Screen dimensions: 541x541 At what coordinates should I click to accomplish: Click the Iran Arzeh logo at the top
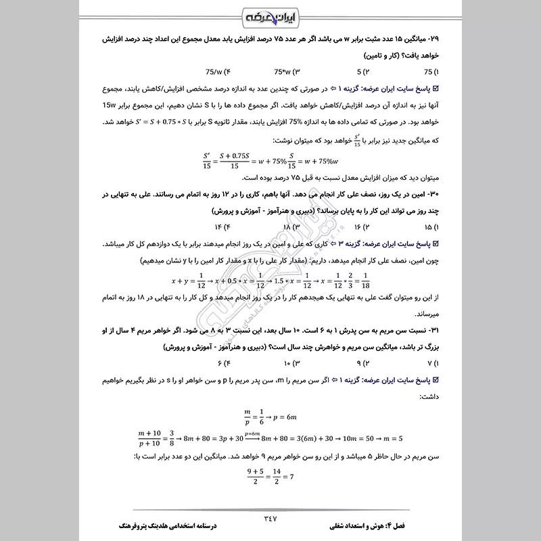click(270, 14)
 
